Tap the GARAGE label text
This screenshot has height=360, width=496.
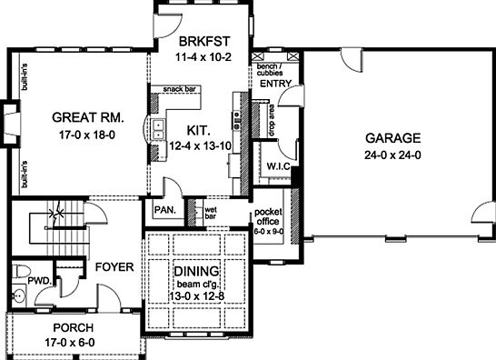click(x=392, y=138)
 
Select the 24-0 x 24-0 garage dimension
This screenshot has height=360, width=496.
click(x=392, y=155)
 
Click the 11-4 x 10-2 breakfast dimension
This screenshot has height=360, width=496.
click(x=200, y=56)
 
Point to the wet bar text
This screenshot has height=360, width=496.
click(x=210, y=215)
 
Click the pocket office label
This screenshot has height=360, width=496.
click(x=268, y=216)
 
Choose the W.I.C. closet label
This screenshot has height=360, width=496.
click(x=278, y=166)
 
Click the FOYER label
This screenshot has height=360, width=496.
click(x=114, y=267)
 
